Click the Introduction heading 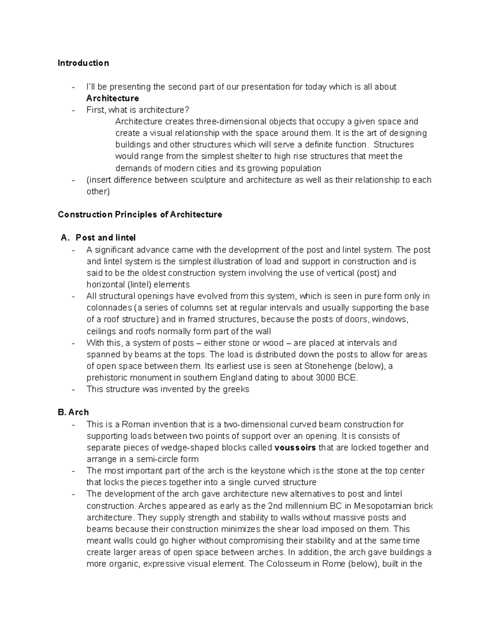tap(83, 63)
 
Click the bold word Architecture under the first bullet tap(113, 98)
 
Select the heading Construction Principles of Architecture tap(140, 215)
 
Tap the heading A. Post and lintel tap(98, 238)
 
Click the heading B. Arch tap(74, 412)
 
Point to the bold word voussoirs tap(295, 448)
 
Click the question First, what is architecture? tap(138, 110)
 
